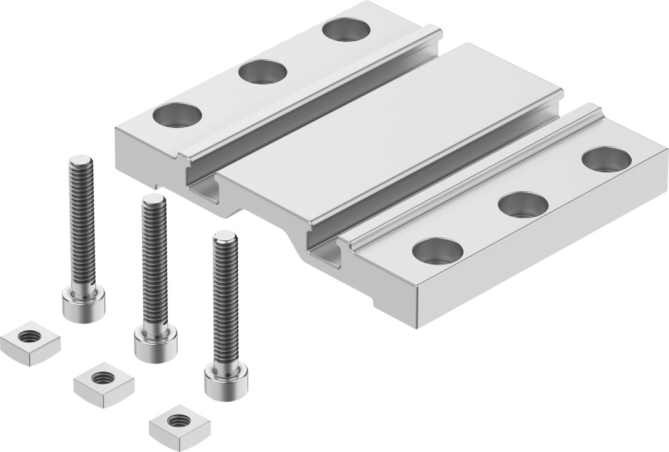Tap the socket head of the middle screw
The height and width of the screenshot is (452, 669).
coord(155,343)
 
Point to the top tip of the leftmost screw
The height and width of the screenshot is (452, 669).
coord(80,160)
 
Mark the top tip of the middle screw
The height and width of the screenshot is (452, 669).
coord(154,200)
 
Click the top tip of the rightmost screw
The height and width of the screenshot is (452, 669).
coord(225,236)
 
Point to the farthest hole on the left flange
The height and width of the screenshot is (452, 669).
coord(347,29)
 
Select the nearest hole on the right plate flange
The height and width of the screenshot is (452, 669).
coord(437,250)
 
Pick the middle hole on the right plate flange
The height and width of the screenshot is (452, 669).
coord(523,204)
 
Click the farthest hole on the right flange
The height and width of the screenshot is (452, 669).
coord(606,159)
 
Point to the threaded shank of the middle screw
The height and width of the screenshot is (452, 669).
coord(154,266)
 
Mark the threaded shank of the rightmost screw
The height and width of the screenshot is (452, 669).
coord(226,304)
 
